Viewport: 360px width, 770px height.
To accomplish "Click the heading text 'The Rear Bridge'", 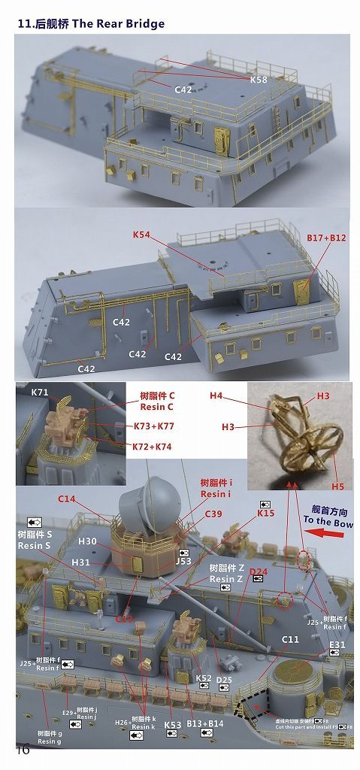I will pyautogui.click(x=119, y=24).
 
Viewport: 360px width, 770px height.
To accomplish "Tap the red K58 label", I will pyautogui.click(x=258, y=77).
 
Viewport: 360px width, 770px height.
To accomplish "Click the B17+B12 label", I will pyautogui.click(x=327, y=238).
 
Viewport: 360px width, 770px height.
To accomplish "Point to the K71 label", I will pyautogui.click(x=39, y=393).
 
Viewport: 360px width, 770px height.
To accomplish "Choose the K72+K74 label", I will pyautogui.click(x=151, y=447).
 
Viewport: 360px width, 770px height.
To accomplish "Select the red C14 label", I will pyautogui.click(x=67, y=499).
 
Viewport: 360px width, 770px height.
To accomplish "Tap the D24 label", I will pyautogui.click(x=259, y=572).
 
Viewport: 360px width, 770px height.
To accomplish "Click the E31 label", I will pyautogui.click(x=337, y=644).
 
